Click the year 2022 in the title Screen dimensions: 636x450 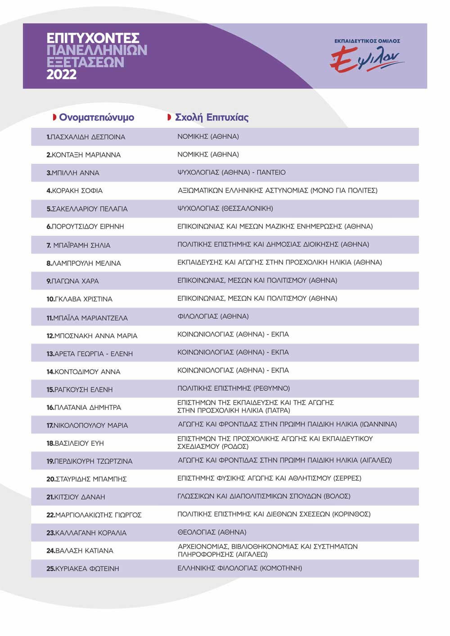coord(62,74)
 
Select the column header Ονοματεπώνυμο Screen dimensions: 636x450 coord(96,117)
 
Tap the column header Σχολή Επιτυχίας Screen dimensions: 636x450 coord(211,117)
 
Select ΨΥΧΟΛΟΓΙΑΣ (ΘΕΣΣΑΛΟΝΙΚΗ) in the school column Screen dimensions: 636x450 coord(225,208)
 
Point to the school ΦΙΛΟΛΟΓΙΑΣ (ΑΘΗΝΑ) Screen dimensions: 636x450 coord(213,316)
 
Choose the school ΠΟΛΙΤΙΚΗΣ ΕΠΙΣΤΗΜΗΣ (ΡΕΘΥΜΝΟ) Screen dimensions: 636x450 coord(234,388)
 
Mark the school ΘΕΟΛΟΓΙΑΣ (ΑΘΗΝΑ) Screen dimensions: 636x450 coord(212,532)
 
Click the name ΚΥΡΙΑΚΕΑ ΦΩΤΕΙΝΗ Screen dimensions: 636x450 coord(83,569)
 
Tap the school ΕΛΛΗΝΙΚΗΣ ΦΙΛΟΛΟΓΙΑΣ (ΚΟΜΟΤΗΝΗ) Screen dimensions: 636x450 coord(239,568)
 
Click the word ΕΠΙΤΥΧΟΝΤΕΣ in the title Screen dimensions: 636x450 coord(93,38)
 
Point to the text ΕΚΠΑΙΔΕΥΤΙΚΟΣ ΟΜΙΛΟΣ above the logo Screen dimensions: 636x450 coord(367,41)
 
